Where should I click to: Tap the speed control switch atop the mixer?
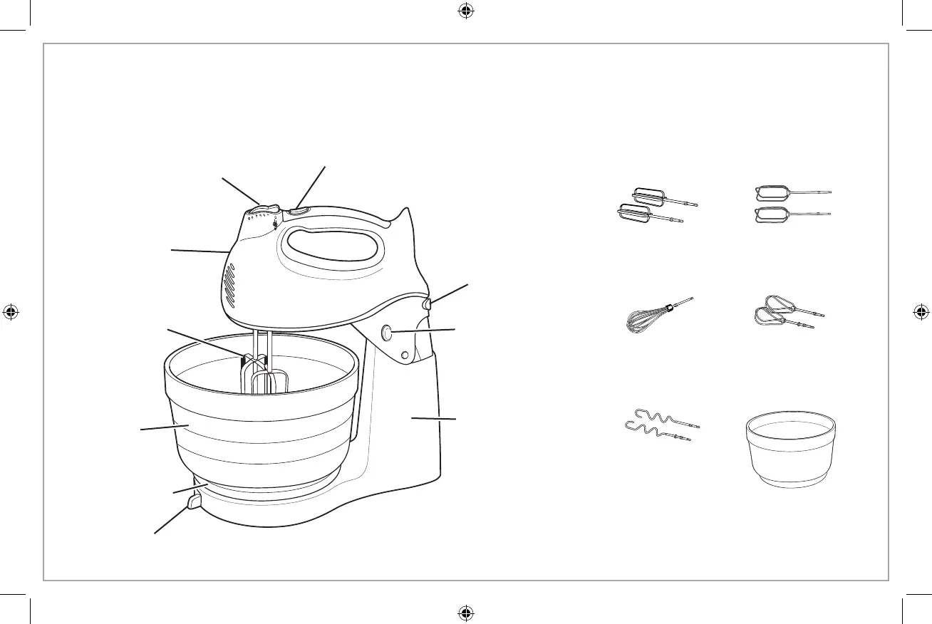[261, 209]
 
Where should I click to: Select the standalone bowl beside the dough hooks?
[790, 452]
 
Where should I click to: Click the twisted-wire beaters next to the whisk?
[787, 313]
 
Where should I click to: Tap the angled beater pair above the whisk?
[656, 207]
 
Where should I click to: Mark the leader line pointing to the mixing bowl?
[164, 427]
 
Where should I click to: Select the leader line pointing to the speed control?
[241, 190]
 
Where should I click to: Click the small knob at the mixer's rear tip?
[428, 304]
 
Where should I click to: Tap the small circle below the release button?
[405, 355]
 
